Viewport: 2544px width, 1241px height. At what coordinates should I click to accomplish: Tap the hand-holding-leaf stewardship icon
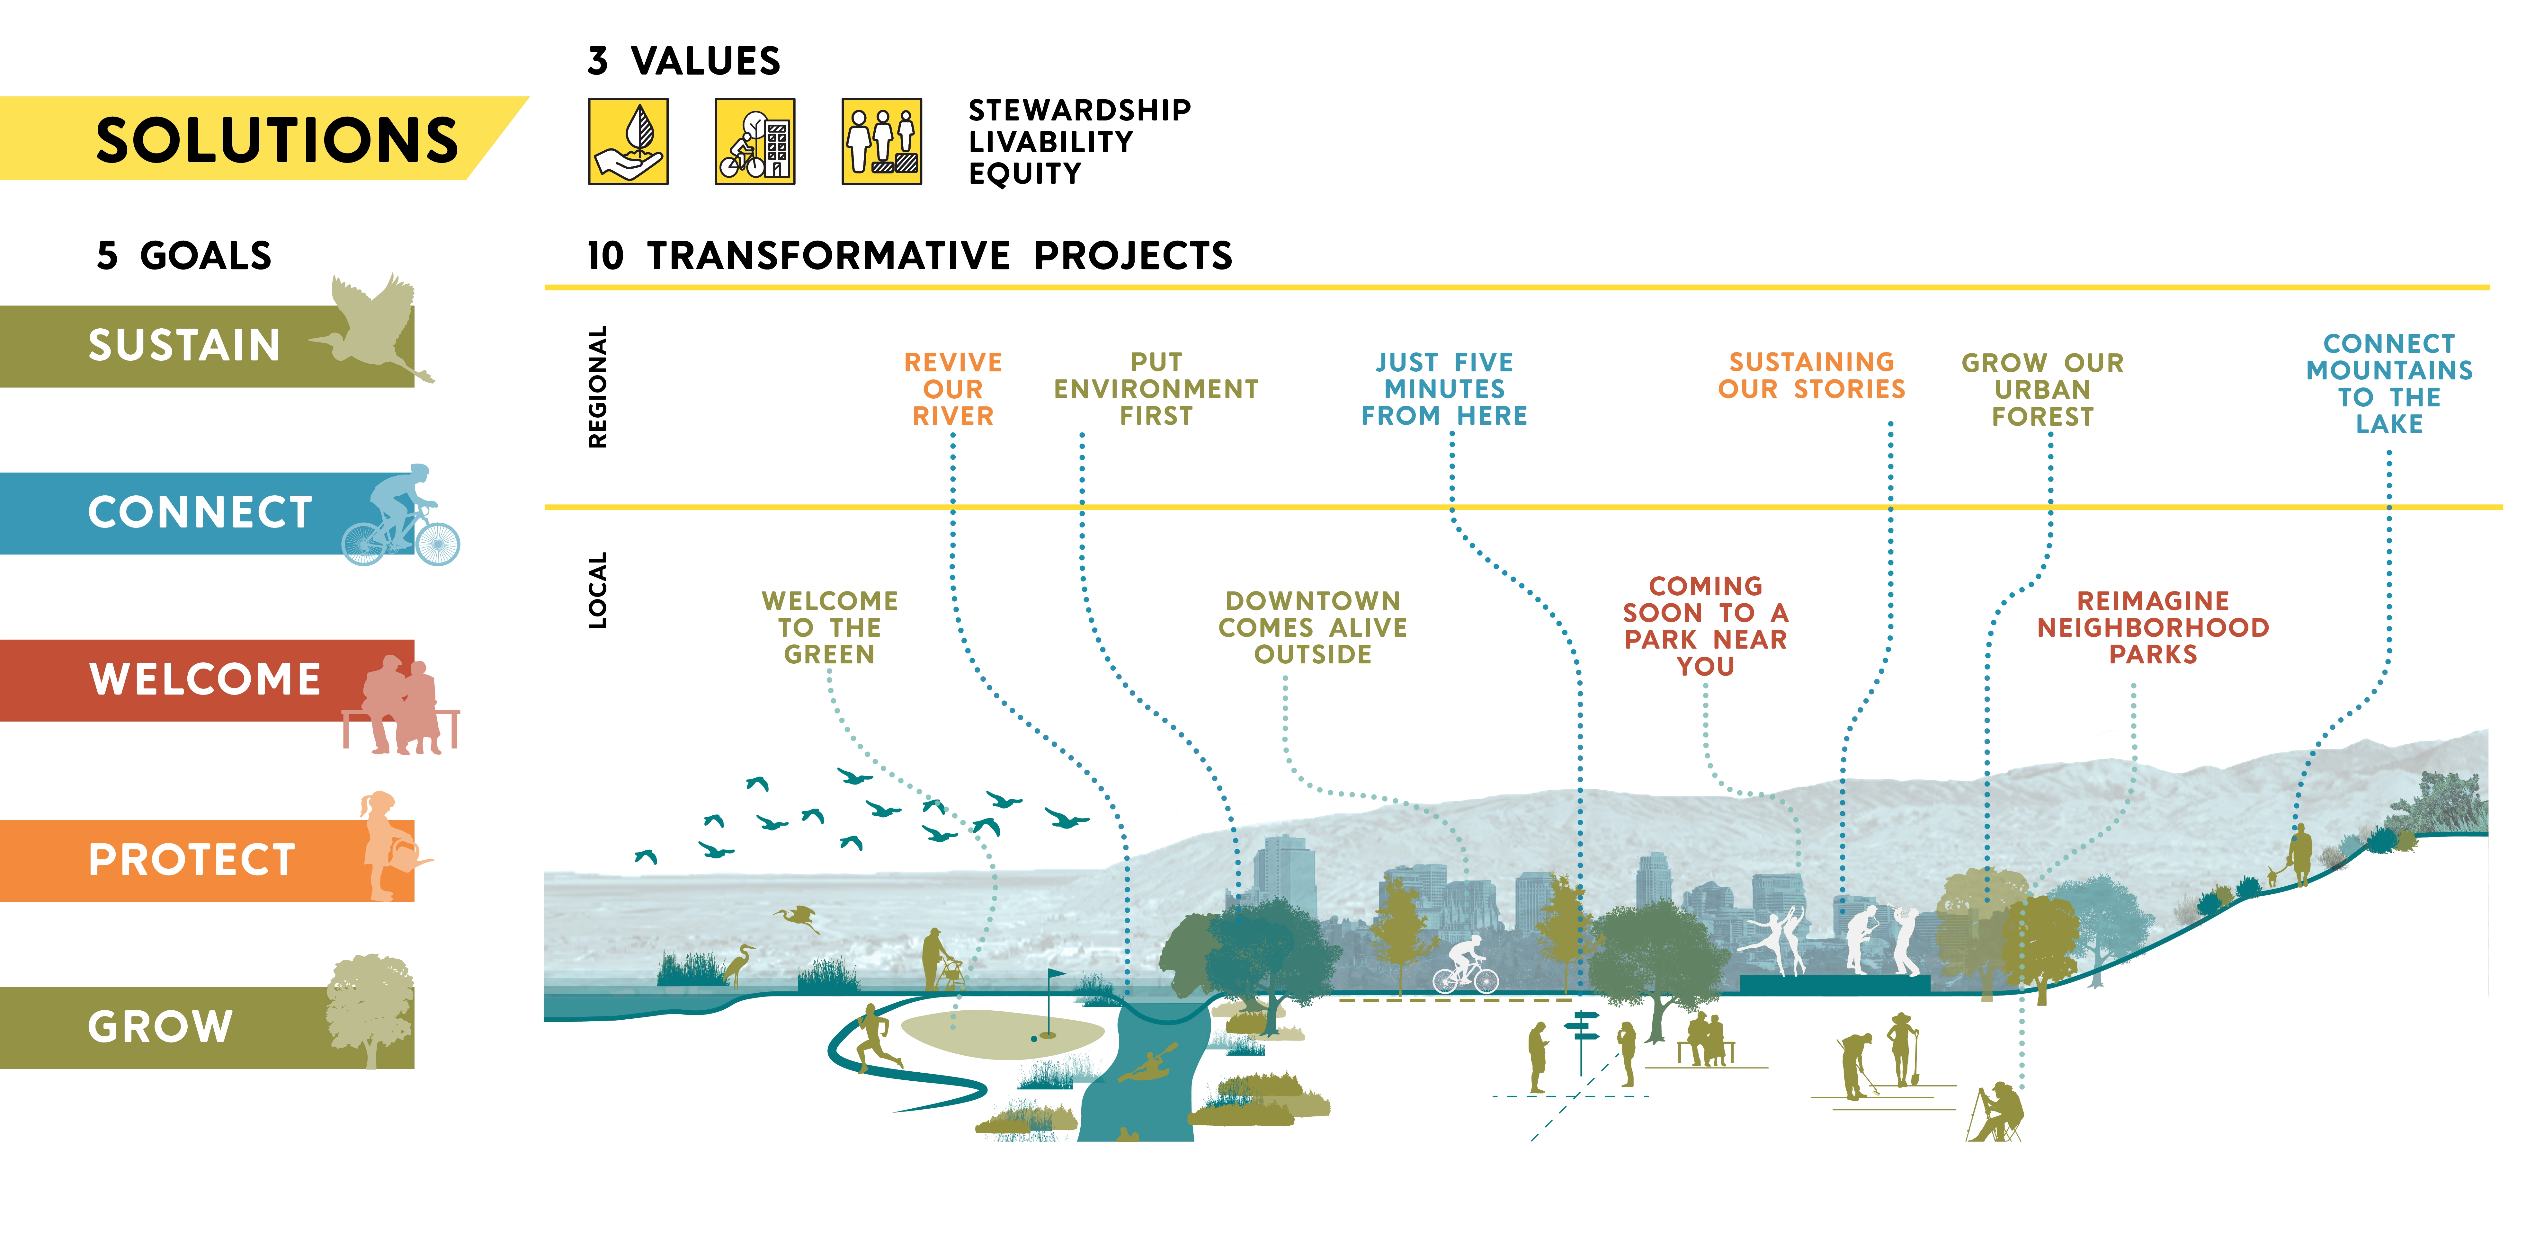(628, 141)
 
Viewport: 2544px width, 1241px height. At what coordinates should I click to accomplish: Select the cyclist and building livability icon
(754, 141)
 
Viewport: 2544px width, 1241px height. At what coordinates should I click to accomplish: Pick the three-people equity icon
(881, 141)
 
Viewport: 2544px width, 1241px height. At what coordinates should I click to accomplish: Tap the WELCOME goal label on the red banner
(205, 679)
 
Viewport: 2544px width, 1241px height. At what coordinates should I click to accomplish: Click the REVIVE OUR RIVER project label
(953, 389)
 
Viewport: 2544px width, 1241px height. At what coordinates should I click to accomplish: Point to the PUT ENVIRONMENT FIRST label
(1156, 389)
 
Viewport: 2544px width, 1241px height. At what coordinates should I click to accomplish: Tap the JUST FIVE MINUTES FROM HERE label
(1444, 389)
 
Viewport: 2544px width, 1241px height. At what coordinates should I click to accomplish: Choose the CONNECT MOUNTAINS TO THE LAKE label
(2389, 384)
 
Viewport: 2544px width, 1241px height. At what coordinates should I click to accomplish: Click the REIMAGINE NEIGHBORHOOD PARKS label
(2153, 628)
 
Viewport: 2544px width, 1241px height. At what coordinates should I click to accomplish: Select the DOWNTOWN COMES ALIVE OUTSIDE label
(1313, 628)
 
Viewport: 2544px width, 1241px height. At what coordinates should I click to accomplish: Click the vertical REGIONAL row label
(597, 387)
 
